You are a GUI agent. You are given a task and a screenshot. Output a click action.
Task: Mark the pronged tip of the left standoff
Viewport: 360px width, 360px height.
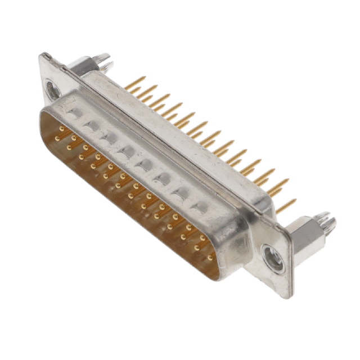point(102,57)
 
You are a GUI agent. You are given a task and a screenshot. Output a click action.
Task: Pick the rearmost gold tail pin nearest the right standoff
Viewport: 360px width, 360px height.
point(287,205)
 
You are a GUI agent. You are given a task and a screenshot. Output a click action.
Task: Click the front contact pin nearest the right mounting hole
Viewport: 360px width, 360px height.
point(209,258)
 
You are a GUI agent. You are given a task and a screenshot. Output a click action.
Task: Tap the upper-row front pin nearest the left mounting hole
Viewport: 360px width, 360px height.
point(61,129)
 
